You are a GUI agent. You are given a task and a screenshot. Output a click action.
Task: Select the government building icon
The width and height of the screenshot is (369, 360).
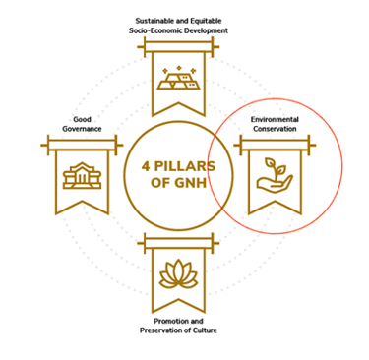click(x=76, y=177)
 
